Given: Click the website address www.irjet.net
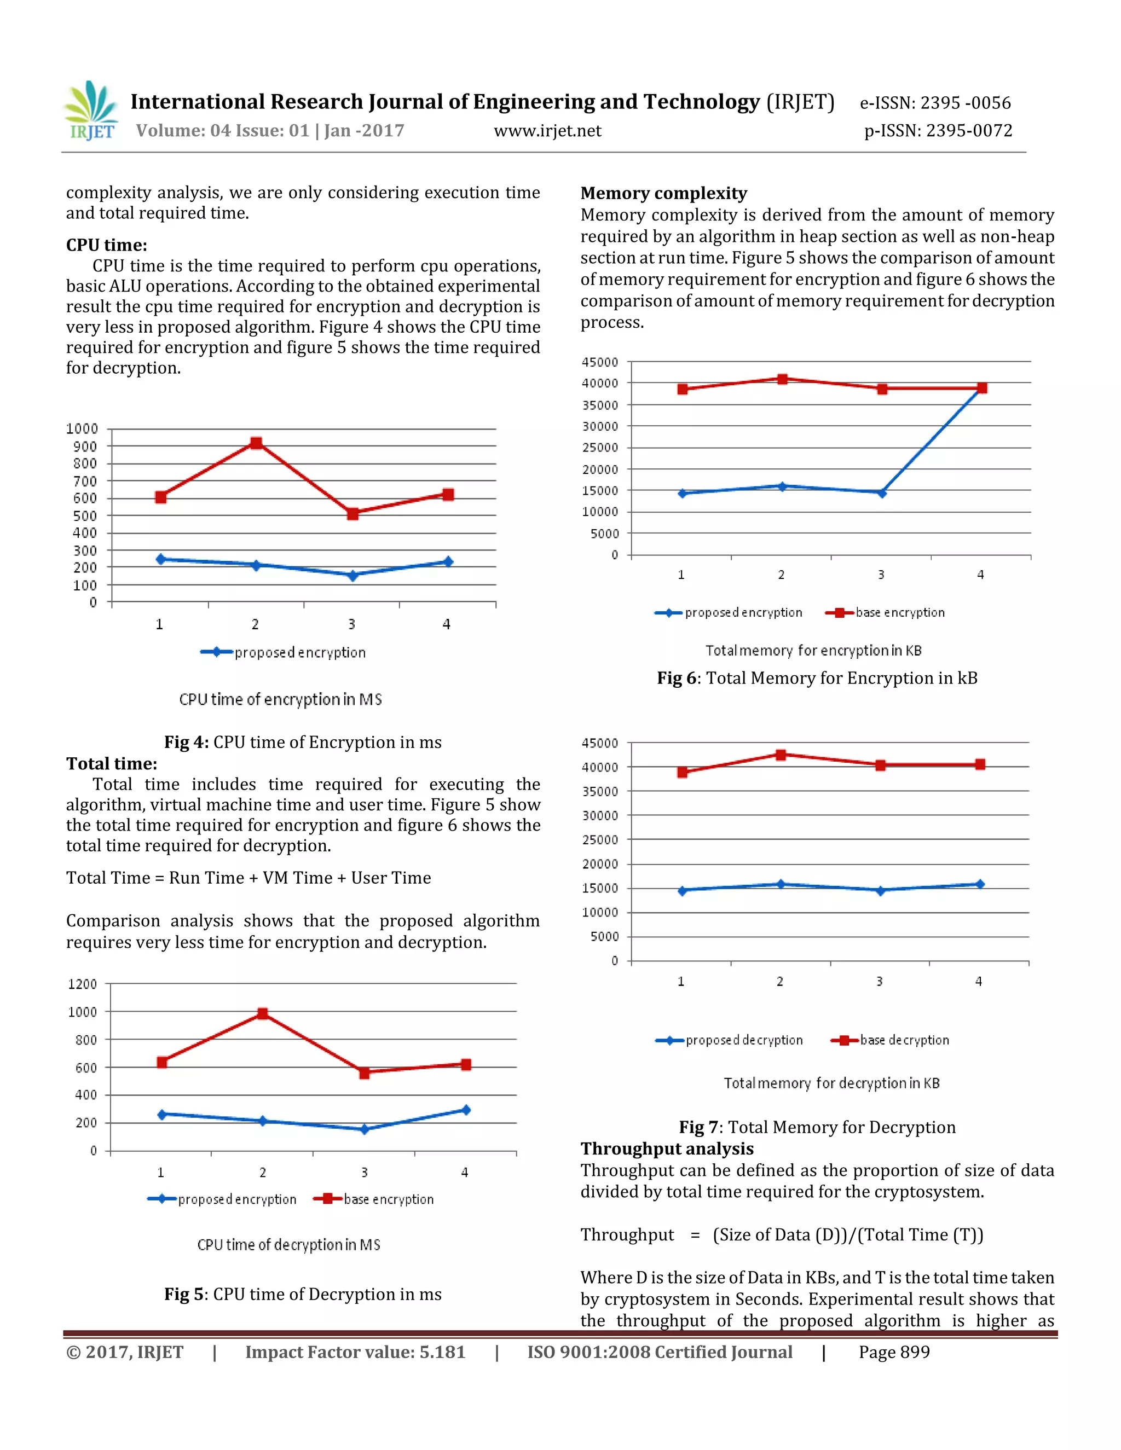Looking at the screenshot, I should [547, 131].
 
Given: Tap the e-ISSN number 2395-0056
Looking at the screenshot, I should [935, 103].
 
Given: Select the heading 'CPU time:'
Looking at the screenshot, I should [106, 245].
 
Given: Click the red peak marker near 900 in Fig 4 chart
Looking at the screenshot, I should [256, 443].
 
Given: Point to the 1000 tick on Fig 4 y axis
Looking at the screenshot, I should [82, 429].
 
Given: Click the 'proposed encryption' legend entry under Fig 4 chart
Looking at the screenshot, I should [284, 653].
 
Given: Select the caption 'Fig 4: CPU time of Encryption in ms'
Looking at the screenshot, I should [303, 743].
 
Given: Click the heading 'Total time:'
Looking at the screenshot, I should [112, 763].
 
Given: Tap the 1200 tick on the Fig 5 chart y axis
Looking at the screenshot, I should [82, 984].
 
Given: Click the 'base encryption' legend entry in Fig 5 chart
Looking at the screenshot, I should [374, 1199].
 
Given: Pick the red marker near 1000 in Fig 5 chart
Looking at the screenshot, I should [263, 1014].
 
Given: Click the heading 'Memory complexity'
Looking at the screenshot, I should [663, 193].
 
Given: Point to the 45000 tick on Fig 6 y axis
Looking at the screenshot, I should [600, 362].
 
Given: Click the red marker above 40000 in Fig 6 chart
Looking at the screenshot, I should [782, 379].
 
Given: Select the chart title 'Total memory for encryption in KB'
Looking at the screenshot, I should [813, 651].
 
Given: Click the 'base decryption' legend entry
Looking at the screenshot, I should [891, 1040].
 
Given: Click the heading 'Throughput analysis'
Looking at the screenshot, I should [667, 1149].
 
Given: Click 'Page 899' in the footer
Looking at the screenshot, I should [894, 1353].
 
